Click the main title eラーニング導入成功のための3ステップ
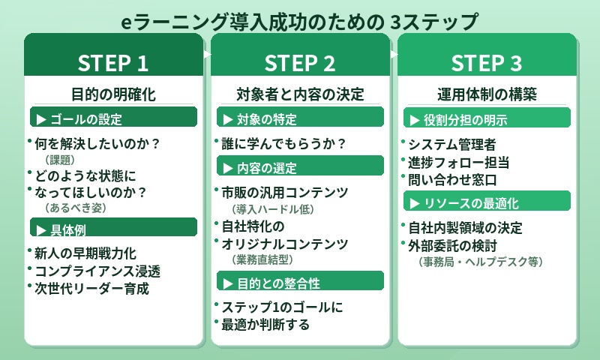(x=300, y=21)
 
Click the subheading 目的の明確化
(x=113, y=94)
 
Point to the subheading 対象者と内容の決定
(x=300, y=94)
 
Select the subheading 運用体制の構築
(x=487, y=94)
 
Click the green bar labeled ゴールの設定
(x=113, y=118)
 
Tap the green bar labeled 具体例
(x=113, y=228)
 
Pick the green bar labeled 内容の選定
(x=300, y=167)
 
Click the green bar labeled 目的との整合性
(x=300, y=283)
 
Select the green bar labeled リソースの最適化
(x=487, y=202)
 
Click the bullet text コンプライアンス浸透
(x=97, y=271)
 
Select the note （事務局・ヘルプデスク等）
(x=480, y=262)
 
